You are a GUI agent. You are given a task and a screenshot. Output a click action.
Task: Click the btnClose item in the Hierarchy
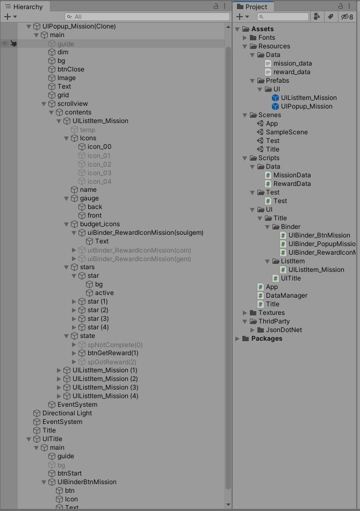coord(70,69)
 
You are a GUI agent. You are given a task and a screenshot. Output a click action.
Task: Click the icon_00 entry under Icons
coord(99,147)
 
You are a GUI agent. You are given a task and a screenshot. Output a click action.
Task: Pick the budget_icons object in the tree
coord(99,224)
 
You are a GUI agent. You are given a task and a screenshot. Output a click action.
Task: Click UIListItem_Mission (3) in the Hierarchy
coord(105,387)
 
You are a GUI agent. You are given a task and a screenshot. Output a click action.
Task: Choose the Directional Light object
coord(67,413)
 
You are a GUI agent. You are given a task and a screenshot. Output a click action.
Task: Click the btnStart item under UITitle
coord(69,473)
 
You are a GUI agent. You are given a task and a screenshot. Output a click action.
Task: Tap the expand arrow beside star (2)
coord(74,310)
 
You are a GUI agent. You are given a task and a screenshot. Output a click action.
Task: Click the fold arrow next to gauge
coord(67,198)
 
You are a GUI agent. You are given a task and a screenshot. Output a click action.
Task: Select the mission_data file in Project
coord(292,63)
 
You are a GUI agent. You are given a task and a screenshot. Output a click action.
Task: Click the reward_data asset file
coord(292,72)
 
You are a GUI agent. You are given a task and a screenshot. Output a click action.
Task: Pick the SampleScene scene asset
coord(286,132)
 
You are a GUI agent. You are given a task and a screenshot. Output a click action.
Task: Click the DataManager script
coord(286,296)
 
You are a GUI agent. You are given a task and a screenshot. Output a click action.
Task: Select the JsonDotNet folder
coord(284,330)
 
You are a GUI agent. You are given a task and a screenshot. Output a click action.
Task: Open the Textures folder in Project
coord(271,313)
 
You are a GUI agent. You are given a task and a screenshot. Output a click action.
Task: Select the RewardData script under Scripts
coord(292,184)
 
